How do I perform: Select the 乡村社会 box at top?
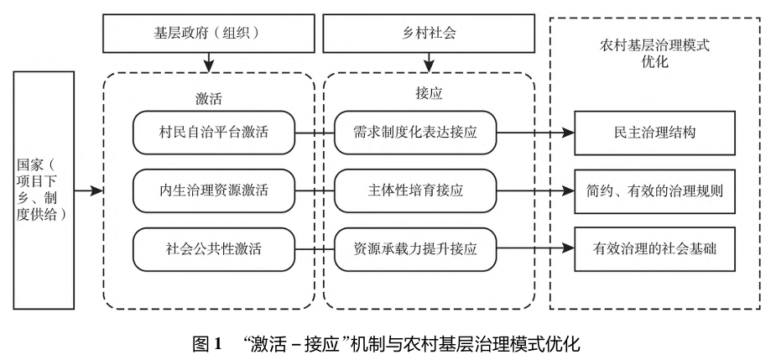429,35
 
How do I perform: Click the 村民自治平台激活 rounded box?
214,133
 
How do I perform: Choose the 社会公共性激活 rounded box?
214,248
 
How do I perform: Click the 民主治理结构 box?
654,133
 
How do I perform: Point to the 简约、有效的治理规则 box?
654,190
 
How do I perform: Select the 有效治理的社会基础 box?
654,248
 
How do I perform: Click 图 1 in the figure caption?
206,343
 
